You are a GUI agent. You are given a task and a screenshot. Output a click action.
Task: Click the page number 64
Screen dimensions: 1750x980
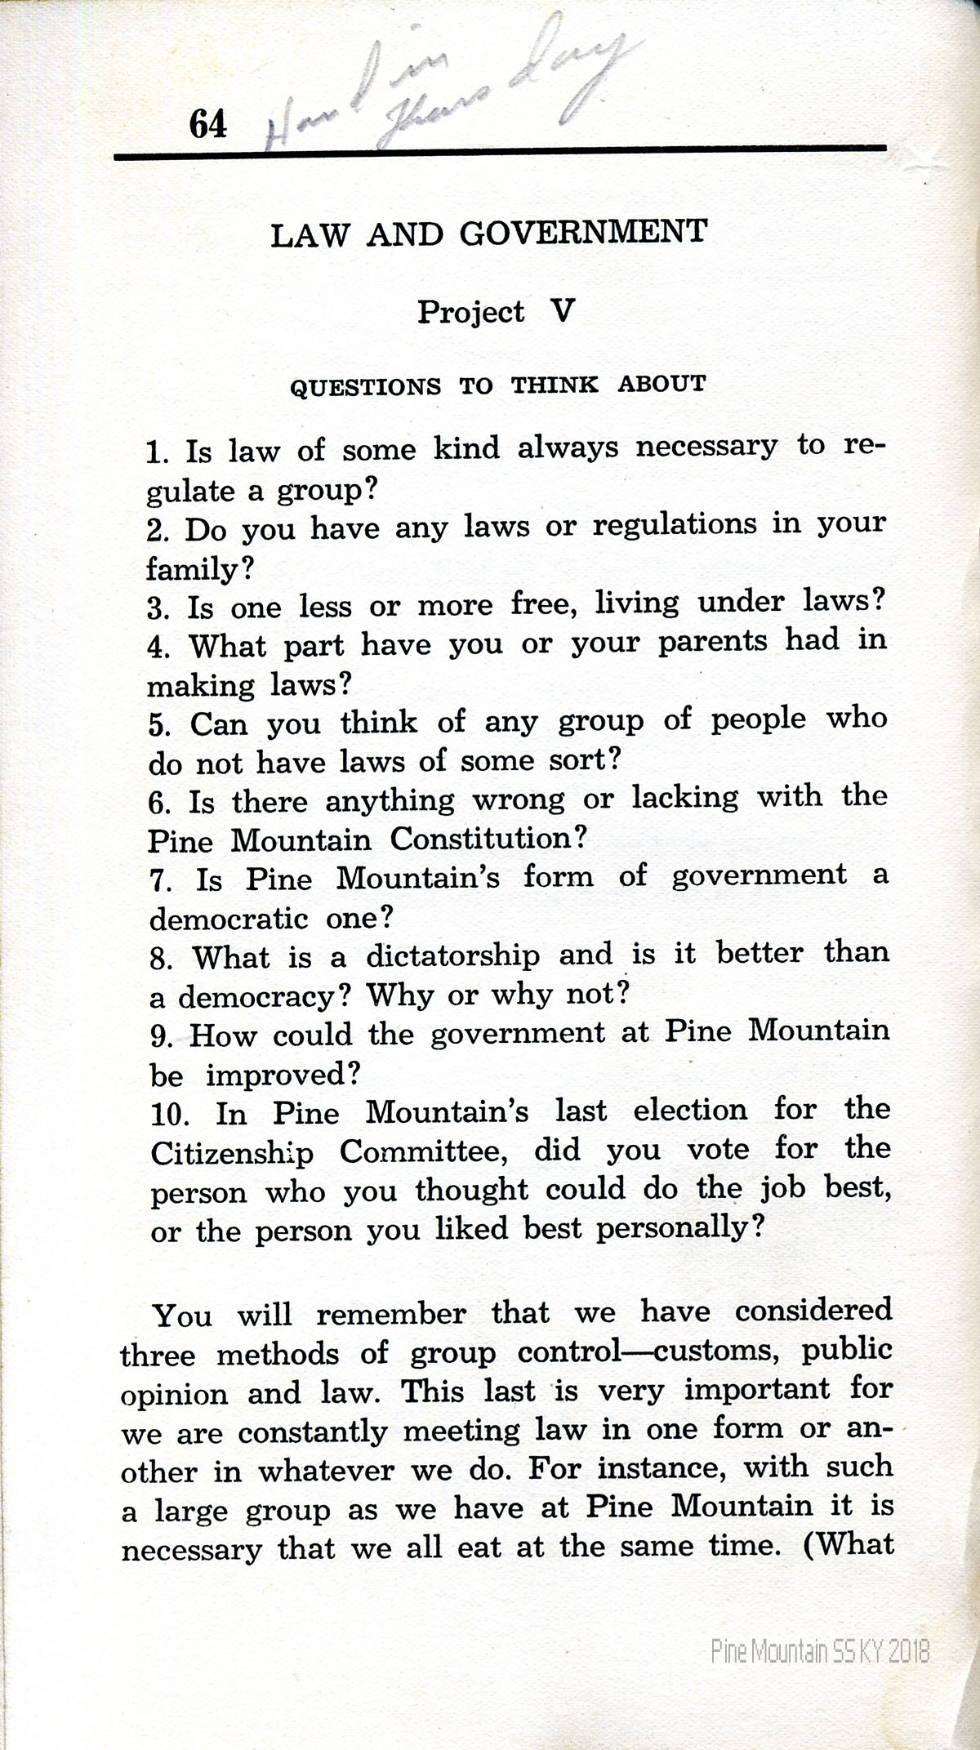coord(207,124)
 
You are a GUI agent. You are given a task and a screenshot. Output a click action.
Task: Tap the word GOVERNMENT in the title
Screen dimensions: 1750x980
coord(582,234)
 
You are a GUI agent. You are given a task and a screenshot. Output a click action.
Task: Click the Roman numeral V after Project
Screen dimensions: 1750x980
coord(562,311)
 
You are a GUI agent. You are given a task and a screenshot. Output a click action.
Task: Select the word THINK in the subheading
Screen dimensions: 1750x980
coord(555,384)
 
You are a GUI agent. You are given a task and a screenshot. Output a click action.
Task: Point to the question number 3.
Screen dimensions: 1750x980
coord(157,608)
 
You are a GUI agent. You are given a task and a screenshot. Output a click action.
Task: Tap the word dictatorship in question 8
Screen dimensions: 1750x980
coord(452,955)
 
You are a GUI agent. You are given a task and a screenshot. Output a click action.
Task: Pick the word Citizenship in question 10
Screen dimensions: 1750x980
coord(232,1153)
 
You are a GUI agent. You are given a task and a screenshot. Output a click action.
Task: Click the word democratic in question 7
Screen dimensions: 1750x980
coord(228,918)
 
